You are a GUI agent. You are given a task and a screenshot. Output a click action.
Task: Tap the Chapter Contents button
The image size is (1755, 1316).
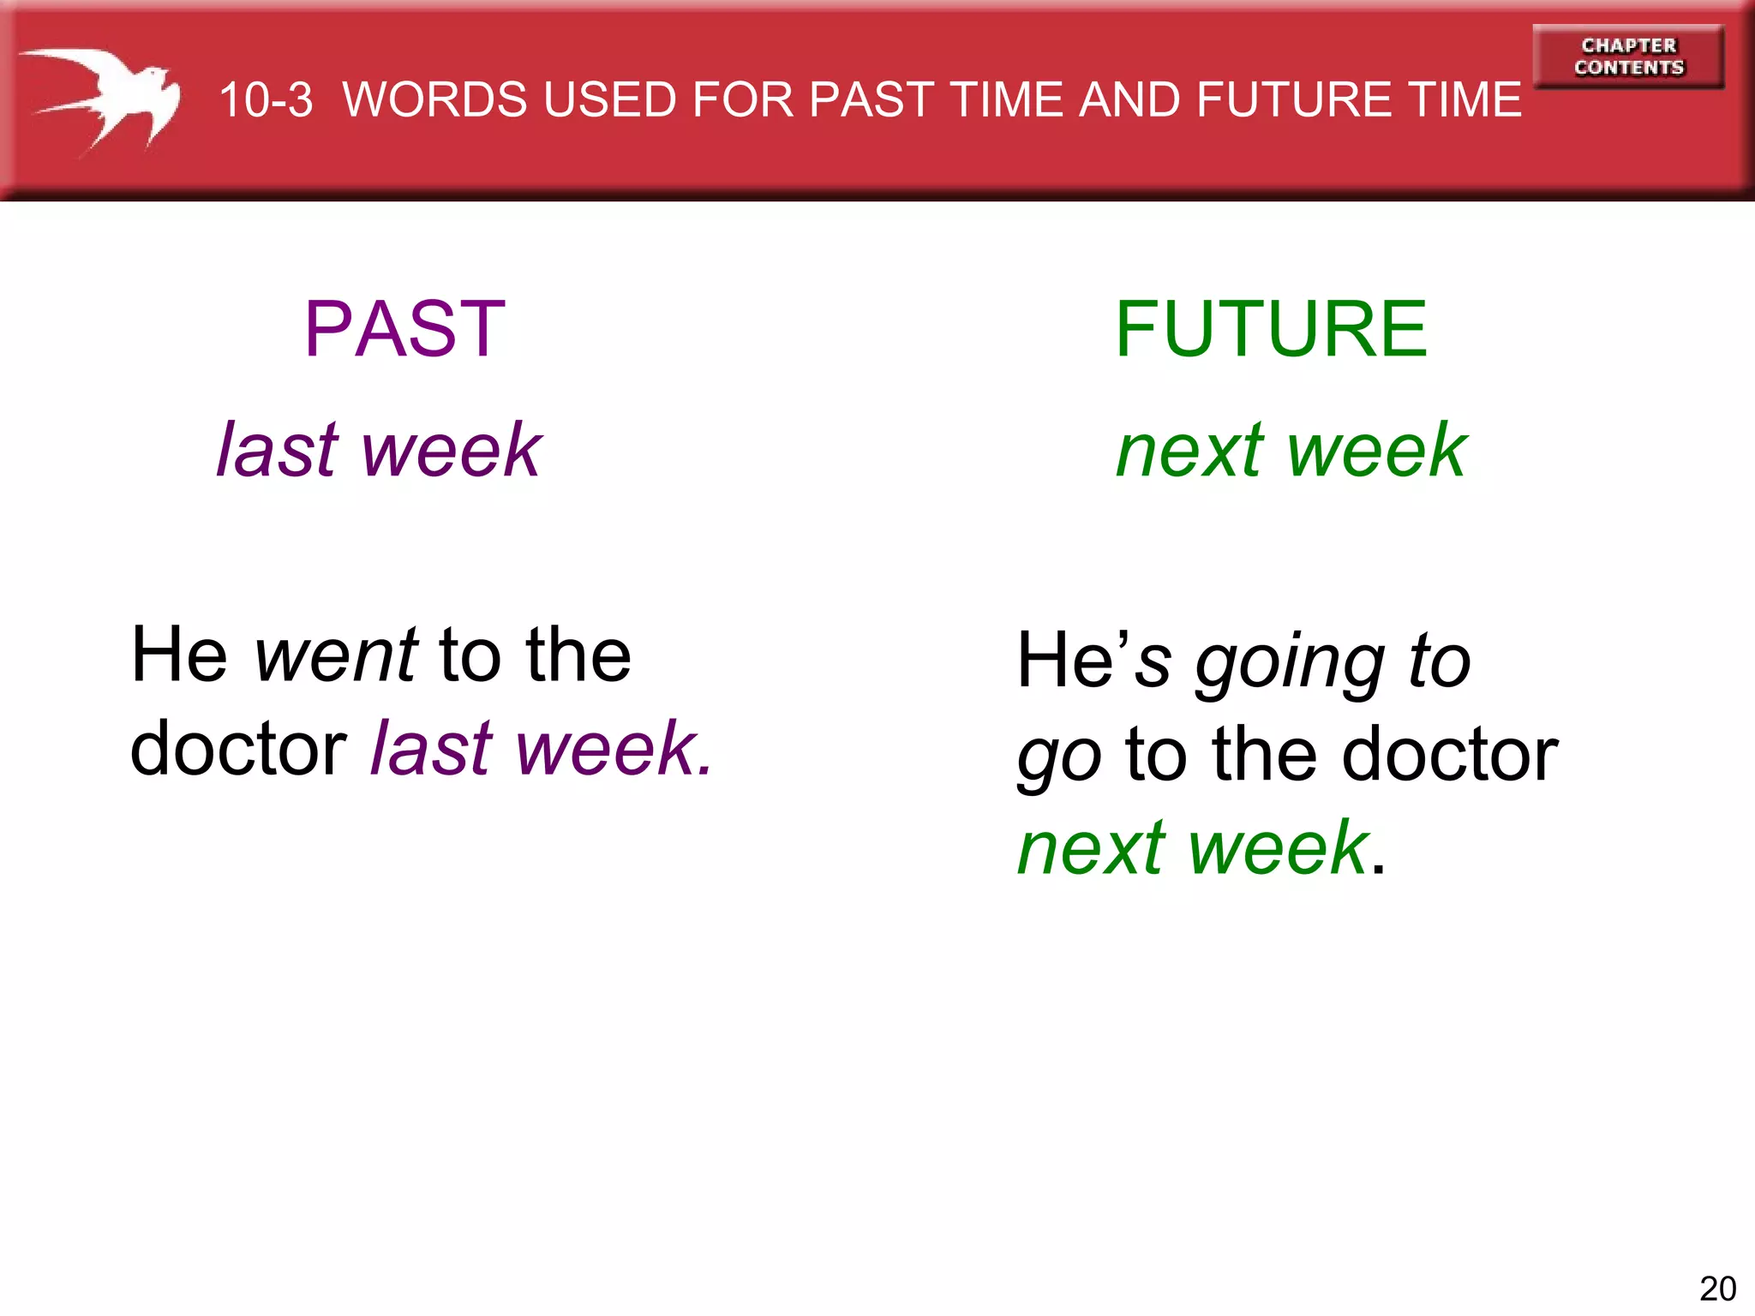point(1628,57)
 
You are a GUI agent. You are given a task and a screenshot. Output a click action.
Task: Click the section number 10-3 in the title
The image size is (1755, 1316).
point(266,100)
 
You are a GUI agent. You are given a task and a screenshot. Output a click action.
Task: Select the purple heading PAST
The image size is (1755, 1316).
point(405,329)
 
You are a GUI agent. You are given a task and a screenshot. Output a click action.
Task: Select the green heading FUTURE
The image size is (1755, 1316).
point(1271,329)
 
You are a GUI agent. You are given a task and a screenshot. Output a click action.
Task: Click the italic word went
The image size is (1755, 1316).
point(336,655)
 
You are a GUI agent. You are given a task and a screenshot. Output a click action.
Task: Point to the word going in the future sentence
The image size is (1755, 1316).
point(1291,664)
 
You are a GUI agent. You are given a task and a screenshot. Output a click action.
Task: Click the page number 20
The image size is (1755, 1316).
point(1717,1289)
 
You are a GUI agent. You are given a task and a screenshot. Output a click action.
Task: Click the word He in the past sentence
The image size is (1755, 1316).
point(179,655)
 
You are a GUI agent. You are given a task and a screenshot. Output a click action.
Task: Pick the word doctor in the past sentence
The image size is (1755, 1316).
point(238,749)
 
